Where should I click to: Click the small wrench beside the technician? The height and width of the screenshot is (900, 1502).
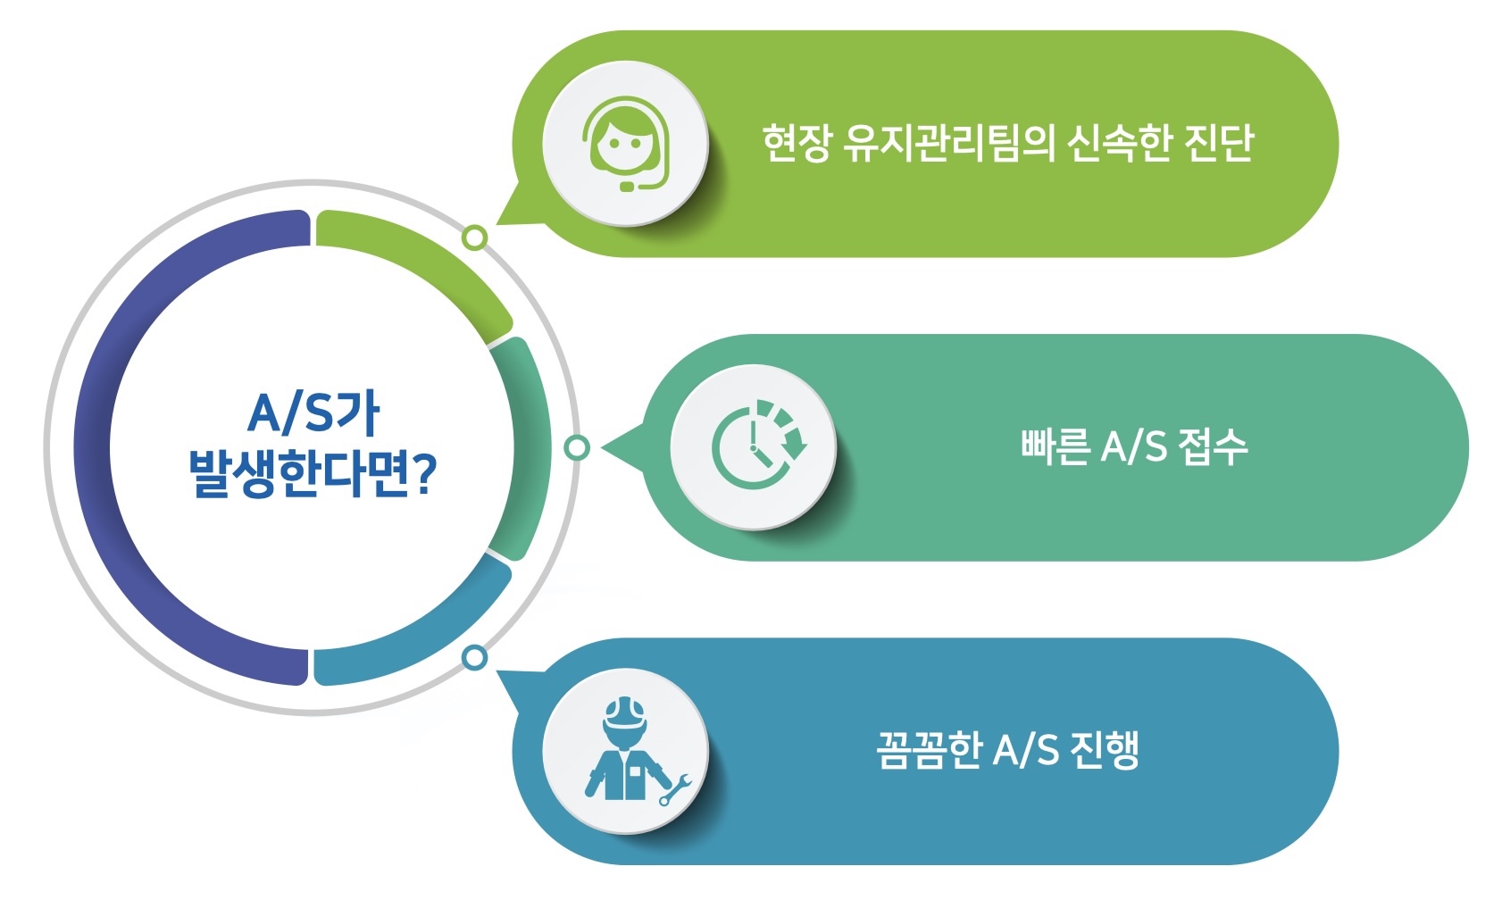coord(676,789)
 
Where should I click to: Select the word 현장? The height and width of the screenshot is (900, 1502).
coord(797,143)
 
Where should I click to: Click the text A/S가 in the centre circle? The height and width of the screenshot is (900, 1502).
coord(313,413)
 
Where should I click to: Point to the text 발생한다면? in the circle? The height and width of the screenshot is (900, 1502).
coord(312,473)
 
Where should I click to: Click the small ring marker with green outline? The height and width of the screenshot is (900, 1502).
coord(475,237)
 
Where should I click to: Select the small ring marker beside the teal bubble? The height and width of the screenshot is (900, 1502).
coord(578,447)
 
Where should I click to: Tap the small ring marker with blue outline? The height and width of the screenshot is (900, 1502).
coord(475,658)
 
